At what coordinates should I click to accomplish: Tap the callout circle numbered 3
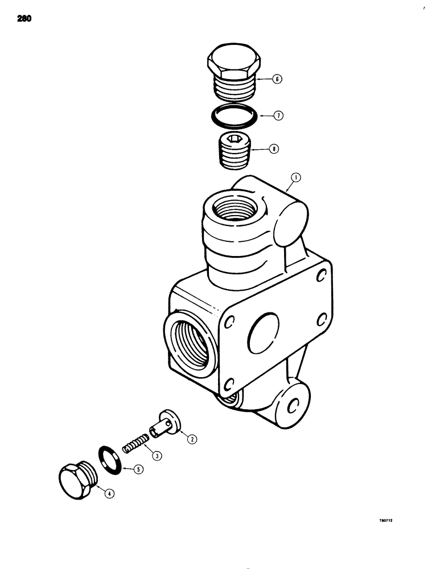click(154, 453)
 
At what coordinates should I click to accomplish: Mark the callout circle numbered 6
click(277, 80)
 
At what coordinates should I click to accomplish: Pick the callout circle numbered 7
click(277, 116)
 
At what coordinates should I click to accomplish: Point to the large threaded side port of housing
click(189, 343)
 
